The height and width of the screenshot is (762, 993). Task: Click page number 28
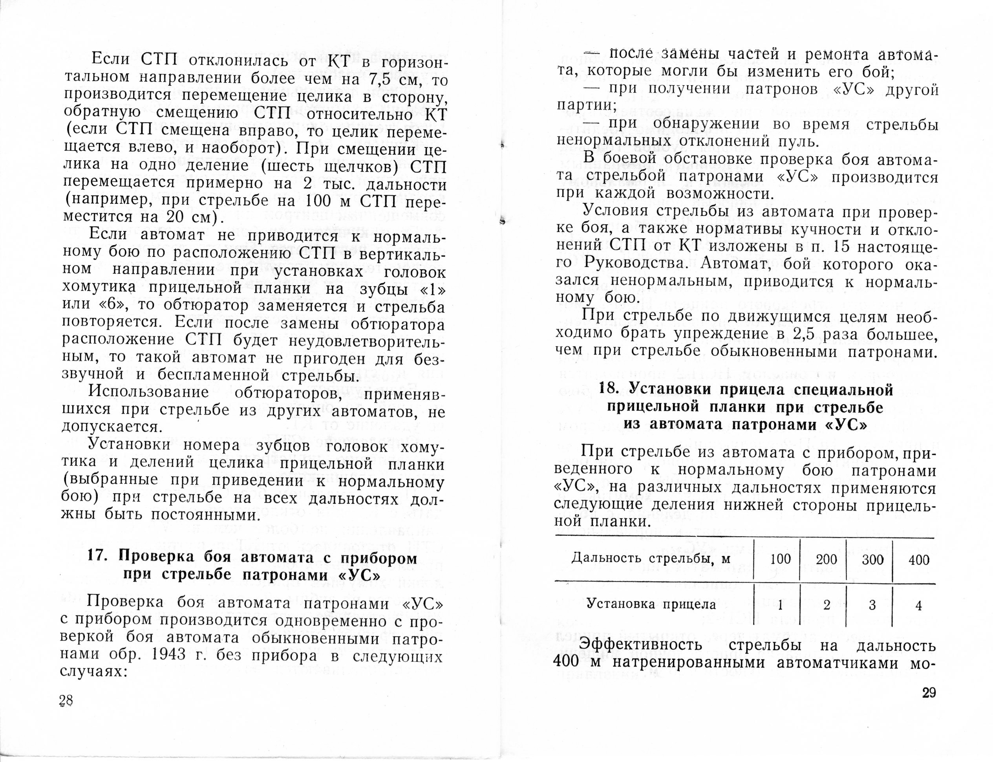pos(66,701)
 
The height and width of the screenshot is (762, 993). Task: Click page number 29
pos(925,693)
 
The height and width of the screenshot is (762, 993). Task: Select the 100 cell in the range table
pos(780,559)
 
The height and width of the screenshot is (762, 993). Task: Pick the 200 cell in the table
pos(827,559)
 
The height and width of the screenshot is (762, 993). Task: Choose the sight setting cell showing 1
pos(780,606)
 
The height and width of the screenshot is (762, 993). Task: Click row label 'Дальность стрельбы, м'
pos(651,558)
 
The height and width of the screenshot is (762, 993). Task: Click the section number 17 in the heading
pos(96,557)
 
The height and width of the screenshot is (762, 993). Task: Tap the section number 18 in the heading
pos(609,390)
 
